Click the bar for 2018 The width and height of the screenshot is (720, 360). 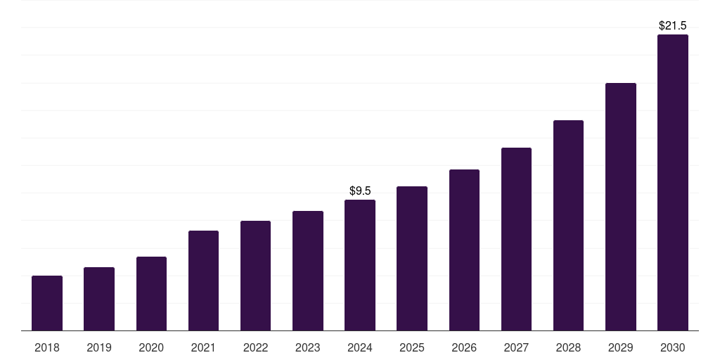coord(47,303)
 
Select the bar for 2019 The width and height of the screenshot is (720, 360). coord(99,299)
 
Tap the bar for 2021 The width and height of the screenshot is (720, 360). coord(203,281)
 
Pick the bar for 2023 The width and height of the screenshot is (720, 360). coord(308,271)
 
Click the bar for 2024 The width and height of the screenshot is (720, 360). coord(360,265)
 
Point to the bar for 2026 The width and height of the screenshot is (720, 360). coord(464,250)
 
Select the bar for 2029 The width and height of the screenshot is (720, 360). coord(621,207)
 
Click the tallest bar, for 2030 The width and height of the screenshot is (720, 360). coord(673,182)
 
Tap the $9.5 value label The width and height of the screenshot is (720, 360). coord(360,191)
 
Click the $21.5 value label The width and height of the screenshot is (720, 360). coord(673,25)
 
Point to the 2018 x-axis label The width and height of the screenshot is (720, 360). coord(47,347)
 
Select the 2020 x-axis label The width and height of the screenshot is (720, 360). coord(151,347)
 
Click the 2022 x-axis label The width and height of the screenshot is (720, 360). coord(255,347)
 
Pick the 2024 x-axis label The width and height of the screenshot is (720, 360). coord(360,347)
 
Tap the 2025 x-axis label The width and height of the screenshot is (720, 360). coord(412,347)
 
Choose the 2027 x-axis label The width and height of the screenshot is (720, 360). coord(516,347)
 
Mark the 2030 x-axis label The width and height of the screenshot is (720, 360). coord(673,347)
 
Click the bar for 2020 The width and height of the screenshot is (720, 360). coord(151,293)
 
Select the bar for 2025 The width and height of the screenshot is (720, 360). coord(412,258)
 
